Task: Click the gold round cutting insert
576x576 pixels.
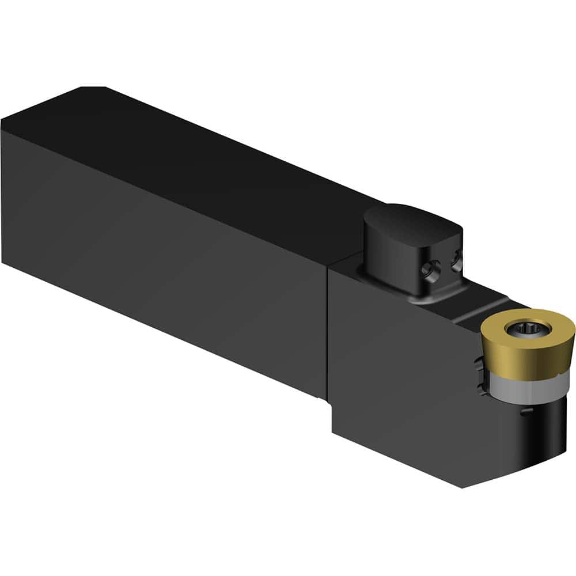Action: tap(539, 346)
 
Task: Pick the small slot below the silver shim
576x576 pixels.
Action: tap(523, 412)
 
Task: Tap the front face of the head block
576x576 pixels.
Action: tap(403, 374)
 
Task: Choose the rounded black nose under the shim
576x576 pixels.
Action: tap(539, 438)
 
